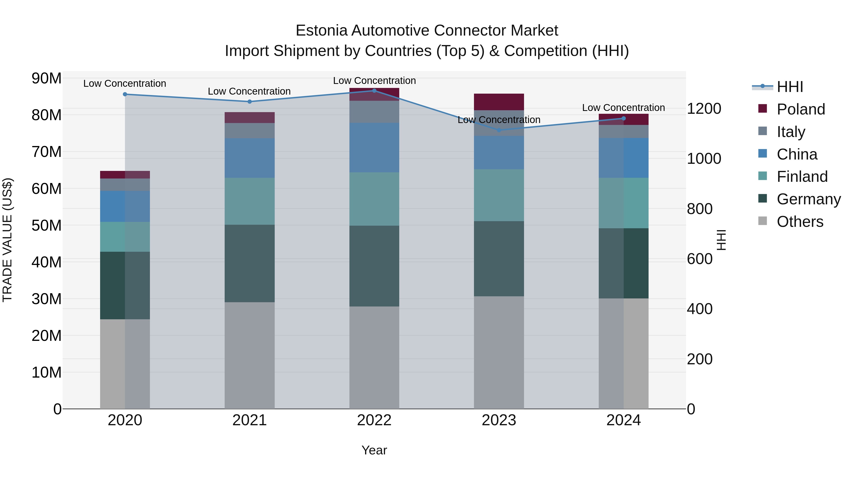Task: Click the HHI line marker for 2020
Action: click(x=125, y=94)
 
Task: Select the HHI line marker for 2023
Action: click(x=499, y=130)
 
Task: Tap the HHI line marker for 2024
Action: click(x=624, y=118)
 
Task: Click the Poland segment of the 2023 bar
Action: click(x=499, y=102)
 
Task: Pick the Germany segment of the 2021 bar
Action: click(x=250, y=263)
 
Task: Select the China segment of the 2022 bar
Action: click(x=374, y=147)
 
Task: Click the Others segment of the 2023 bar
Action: click(x=499, y=352)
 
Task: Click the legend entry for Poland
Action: click(x=801, y=109)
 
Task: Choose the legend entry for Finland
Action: click(x=802, y=177)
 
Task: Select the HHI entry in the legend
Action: click(x=790, y=87)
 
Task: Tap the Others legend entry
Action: click(x=800, y=222)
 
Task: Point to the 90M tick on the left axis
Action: click(x=46, y=78)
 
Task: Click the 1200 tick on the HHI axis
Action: click(x=704, y=109)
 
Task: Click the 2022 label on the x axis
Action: click(x=374, y=420)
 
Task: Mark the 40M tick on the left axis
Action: click(x=46, y=262)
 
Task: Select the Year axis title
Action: click(x=374, y=450)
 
